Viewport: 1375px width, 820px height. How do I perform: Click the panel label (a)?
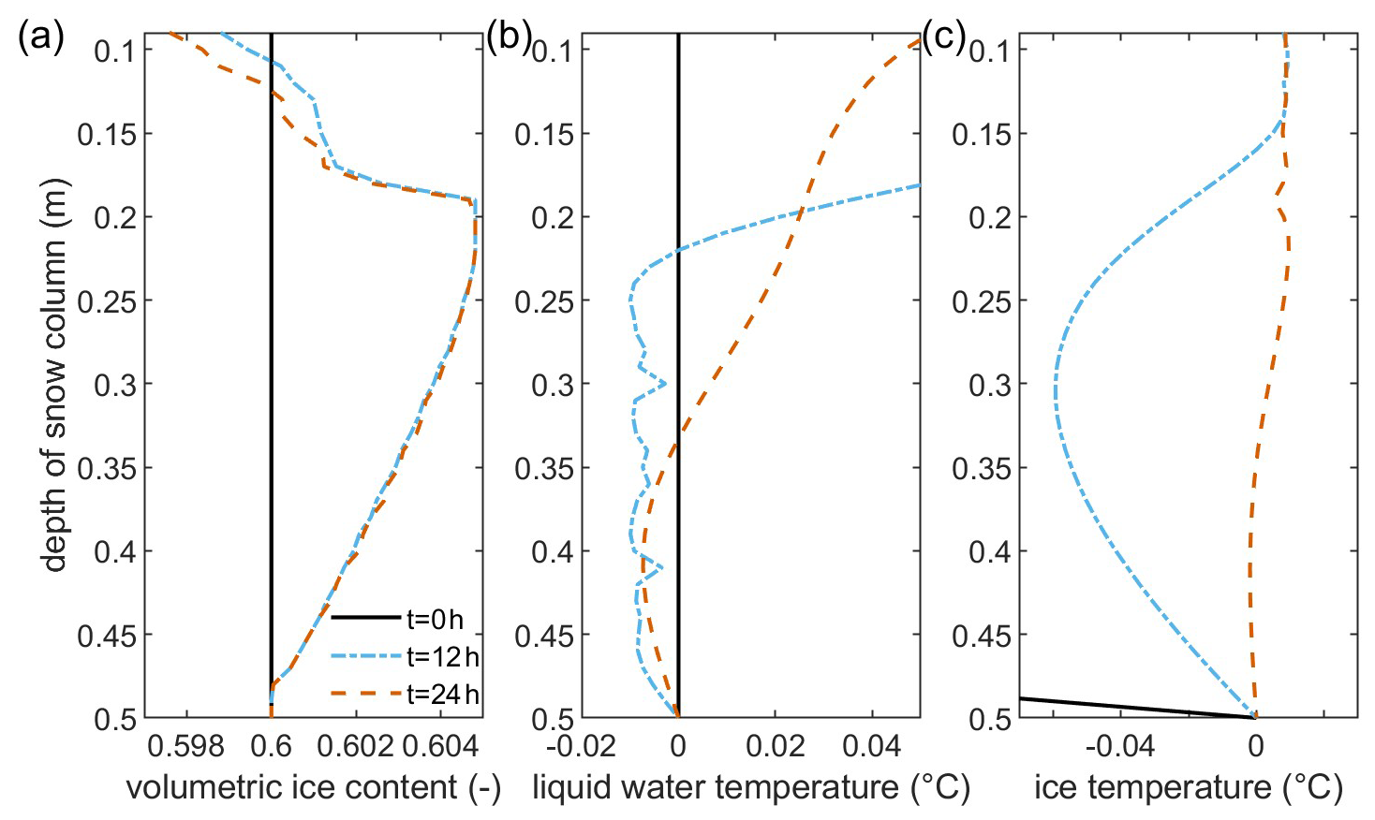pos(39,38)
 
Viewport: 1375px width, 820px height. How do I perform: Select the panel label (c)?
pos(943,38)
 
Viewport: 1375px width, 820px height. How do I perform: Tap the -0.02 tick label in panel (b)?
pos(578,748)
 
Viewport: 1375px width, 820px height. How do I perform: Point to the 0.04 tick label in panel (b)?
pos(871,748)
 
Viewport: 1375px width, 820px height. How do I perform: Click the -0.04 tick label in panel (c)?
pos(1123,748)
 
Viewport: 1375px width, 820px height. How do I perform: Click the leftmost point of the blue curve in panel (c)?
pos(1055,388)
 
